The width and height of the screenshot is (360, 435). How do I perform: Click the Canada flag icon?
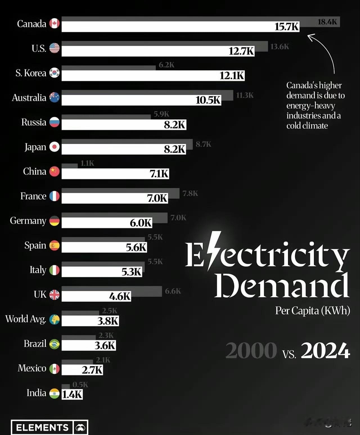point(55,24)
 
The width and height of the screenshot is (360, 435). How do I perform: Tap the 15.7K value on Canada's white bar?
point(287,27)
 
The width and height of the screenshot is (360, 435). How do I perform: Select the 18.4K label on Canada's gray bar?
point(327,22)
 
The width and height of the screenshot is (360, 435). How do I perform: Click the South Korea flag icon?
point(55,73)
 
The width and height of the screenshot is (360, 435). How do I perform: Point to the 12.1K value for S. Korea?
point(232,76)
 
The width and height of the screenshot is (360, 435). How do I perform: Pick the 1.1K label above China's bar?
point(87,163)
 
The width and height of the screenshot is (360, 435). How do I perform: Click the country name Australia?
point(29,98)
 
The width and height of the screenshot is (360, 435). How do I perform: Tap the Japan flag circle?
point(55,147)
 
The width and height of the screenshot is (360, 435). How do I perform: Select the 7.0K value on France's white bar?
point(157,198)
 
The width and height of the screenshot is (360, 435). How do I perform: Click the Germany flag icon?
point(55,221)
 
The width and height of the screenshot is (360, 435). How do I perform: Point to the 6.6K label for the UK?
point(173,291)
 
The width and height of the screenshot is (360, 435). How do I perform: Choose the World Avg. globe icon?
point(55,319)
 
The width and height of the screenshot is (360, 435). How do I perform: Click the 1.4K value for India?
point(72,395)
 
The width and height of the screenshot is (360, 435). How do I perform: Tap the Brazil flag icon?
point(55,344)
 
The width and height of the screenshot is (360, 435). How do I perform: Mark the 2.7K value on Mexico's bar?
point(92,370)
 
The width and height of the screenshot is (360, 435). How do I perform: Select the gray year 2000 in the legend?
point(251,351)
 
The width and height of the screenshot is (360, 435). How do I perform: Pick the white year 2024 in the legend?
point(325,351)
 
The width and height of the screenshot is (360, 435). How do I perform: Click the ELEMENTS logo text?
point(42,428)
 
